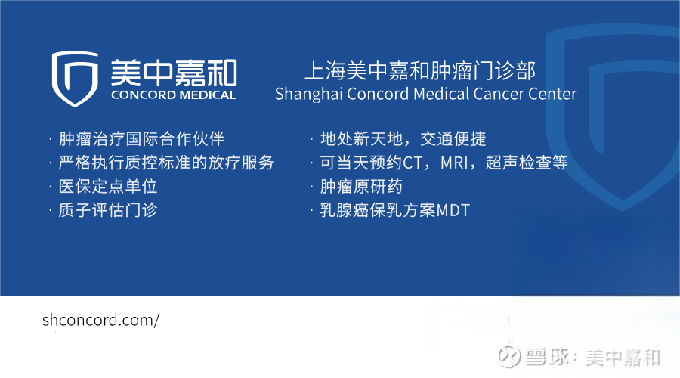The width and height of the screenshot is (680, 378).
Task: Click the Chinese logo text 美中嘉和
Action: pos(174,73)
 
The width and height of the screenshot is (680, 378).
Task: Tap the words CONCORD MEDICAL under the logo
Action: pos(174,95)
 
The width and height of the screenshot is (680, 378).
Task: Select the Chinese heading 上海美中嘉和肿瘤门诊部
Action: pos(420,71)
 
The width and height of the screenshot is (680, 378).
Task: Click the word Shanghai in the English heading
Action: pos(309,94)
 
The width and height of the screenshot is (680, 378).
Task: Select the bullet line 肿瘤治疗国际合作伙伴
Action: pos(141,139)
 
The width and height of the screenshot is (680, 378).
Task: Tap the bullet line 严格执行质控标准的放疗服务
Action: pos(166,163)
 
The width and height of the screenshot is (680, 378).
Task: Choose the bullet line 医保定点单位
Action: pos(108,187)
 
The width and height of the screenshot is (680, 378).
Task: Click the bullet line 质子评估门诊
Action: pos(108,210)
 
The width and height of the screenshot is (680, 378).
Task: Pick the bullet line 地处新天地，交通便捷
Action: pos(403,139)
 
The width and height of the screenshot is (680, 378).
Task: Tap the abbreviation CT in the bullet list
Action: pos(413,163)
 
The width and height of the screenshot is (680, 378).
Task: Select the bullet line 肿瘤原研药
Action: pos(361,187)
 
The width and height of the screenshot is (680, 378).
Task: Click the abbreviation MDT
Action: pos(453,211)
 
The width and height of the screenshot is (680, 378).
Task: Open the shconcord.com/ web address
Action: pos(100,321)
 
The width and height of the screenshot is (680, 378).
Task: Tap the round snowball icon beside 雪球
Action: pos(509,357)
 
